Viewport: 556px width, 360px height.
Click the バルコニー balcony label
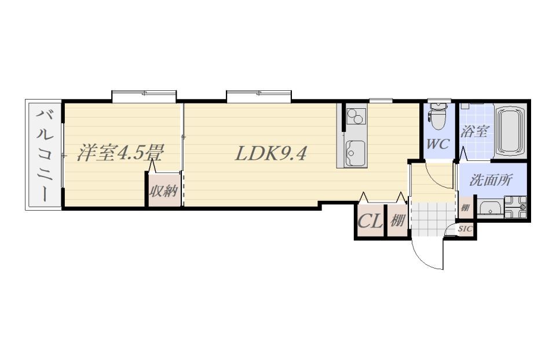45,155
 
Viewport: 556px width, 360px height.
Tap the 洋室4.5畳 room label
120,153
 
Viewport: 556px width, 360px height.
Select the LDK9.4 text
270,154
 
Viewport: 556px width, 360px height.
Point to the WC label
438,144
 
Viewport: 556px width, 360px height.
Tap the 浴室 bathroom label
474,131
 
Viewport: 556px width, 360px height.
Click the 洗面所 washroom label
491,181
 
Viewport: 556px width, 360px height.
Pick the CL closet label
370,222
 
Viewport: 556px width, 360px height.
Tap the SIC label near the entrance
465,229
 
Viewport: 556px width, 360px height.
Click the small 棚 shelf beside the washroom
464,208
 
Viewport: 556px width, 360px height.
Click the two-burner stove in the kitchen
356,116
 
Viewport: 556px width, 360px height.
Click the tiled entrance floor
433,219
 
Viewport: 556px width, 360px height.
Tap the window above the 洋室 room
144,97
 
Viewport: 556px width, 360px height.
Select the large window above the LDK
259,97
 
